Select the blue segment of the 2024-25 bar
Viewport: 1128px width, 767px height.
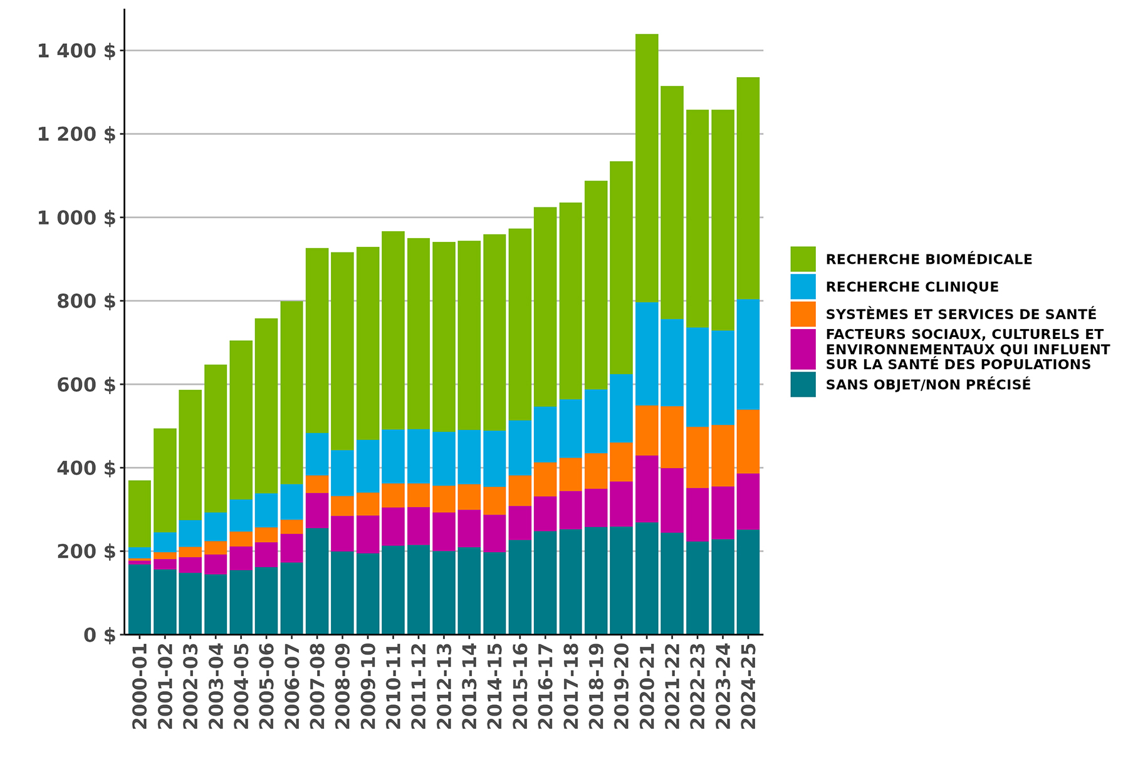(x=748, y=354)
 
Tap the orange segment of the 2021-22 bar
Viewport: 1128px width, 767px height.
(x=672, y=437)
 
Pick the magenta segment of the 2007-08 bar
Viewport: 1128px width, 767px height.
(x=317, y=511)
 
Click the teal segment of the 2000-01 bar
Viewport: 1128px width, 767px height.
(x=140, y=599)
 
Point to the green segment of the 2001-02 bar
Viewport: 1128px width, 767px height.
(x=165, y=480)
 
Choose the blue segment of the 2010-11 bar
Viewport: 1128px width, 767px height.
(x=393, y=456)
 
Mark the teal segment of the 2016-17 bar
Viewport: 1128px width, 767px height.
(x=545, y=583)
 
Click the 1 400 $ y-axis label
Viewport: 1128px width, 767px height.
(x=76, y=51)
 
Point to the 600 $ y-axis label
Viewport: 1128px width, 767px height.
(x=86, y=385)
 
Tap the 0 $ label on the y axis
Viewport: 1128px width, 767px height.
(x=100, y=635)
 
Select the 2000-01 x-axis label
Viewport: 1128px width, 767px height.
(x=140, y=686)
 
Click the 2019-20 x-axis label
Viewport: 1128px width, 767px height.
(x=621, y=686)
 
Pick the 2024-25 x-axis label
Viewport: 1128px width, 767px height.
(x=748, y=686)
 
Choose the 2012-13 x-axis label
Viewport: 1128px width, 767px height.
(x=444, y=686)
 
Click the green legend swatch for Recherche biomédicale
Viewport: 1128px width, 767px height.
(x=803, y=259)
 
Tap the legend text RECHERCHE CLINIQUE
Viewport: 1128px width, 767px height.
(x=912, y=287)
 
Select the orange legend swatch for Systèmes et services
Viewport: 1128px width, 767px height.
(x=803, y=314)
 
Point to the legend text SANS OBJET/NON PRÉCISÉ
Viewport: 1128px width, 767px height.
(x=928, y=385)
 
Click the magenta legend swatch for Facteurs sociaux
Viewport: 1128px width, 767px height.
(x=803, y=349)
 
